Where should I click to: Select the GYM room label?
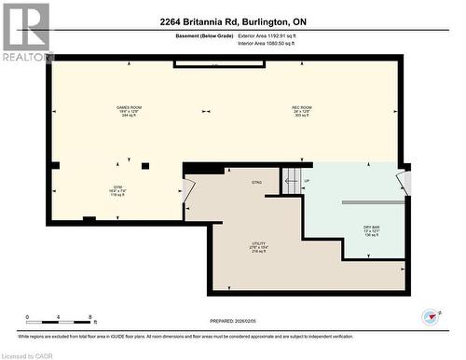[116, 190]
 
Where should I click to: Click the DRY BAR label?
[372, 230]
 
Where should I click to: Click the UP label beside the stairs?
[308, 180]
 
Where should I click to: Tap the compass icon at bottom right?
[430, 317]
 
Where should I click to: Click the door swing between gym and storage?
[189, 190]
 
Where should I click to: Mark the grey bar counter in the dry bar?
[373, 201]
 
